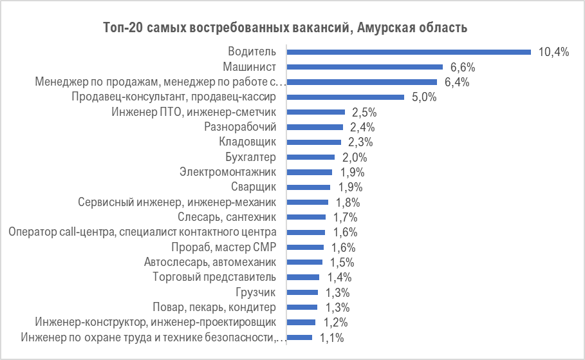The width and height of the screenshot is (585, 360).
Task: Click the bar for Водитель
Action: pos(409,52)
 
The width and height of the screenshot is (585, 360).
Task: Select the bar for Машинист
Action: pos(365,67)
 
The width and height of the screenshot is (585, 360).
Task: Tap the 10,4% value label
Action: pos(554,52)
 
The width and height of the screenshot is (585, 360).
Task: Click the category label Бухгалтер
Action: pos(250,157)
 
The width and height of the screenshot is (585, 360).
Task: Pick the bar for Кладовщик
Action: pos(314,142)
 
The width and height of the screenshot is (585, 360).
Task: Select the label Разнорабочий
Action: pos(240,127)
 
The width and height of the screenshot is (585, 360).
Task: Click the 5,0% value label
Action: pos(423,97)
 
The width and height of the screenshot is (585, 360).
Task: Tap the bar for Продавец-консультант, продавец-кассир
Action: pos(346,97)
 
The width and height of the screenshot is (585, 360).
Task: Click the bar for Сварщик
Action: pos(308,187)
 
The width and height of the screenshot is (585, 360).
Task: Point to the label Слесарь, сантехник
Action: pos(227,217)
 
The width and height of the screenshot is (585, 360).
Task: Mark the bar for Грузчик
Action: pos(302,292)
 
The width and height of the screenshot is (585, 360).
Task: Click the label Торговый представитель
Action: pos(214,277)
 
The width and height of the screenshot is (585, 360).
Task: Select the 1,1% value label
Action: pos(331,337)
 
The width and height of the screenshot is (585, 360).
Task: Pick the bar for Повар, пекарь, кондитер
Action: pos(302,307)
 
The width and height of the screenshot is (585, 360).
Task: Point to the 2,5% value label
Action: pos(364,112)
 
